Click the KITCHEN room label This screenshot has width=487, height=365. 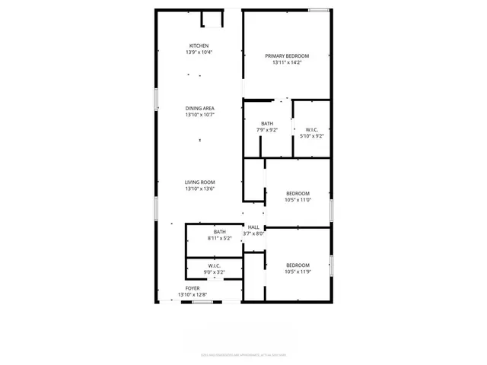point(199,46)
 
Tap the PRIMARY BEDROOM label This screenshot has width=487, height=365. point(287,56)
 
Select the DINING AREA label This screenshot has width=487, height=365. point(199,109)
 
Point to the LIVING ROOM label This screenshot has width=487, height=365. point(199,182)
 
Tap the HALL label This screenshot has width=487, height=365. point(253,227)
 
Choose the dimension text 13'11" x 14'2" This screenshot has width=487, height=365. point(287,63)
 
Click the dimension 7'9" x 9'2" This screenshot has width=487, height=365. point(267,130)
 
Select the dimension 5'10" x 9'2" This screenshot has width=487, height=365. point(311,136)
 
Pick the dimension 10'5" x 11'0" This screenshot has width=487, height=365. point(298,200)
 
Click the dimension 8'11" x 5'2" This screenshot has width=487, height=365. point(219,239)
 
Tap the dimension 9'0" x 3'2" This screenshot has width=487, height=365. point(214,271)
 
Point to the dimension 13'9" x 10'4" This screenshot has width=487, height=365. point(199,52)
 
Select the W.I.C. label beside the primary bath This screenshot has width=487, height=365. point(311,129)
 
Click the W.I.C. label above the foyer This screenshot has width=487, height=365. point(214,265)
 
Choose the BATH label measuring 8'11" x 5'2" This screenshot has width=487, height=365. point(219,232)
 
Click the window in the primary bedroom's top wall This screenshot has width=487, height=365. point(320,10)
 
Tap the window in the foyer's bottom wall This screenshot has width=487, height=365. point(202,302)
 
